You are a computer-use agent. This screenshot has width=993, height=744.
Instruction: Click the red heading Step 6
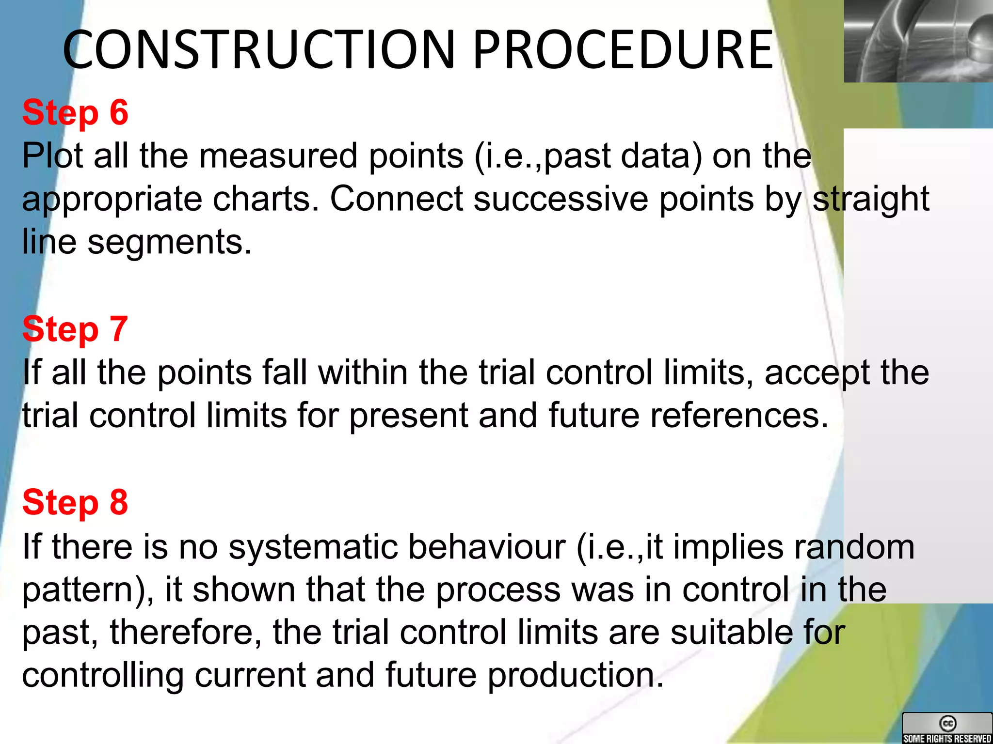click(75, 113)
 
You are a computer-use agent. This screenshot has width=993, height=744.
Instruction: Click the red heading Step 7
click(75, 329)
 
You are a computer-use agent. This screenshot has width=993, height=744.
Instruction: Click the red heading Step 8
click(75, 502)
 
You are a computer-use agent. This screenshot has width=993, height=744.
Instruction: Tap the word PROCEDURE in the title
click(623, 50)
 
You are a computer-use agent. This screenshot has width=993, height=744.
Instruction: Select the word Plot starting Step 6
click(52, 156)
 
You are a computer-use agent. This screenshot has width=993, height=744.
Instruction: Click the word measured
click(278, 156)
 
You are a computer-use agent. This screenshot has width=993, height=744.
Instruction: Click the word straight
click(871, 199)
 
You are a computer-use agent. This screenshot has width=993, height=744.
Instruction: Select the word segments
click(170, 242)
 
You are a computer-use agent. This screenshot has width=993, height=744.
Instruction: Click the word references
click(739, 416)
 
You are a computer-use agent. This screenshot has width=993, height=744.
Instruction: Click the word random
click(854, 547)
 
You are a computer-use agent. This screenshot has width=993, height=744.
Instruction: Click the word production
click(575, 675)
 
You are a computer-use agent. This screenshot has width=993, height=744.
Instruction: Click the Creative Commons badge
click(947, 728)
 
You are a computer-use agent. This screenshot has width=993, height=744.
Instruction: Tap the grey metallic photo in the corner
click(918, 41)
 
